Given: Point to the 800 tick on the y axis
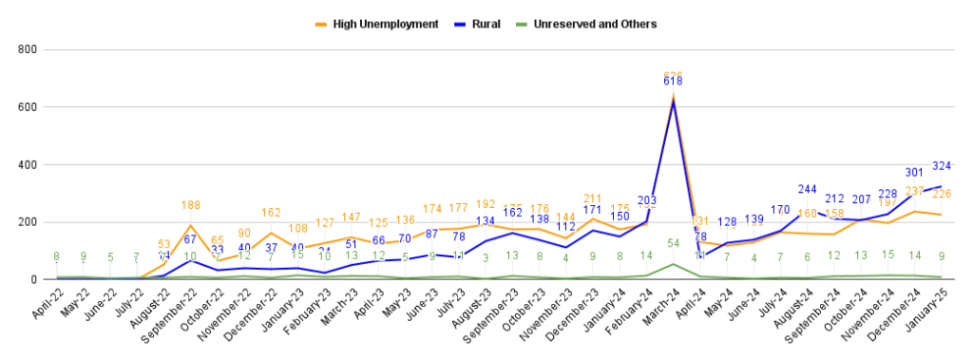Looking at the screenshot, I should pos(27,48).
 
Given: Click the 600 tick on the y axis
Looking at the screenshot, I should pos(27,106).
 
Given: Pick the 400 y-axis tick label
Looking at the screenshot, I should pos(27,164).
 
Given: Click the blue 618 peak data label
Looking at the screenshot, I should pos(673,83).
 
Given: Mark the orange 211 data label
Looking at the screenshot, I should pos(591,199).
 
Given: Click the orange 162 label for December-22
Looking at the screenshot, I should pos(271,213).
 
